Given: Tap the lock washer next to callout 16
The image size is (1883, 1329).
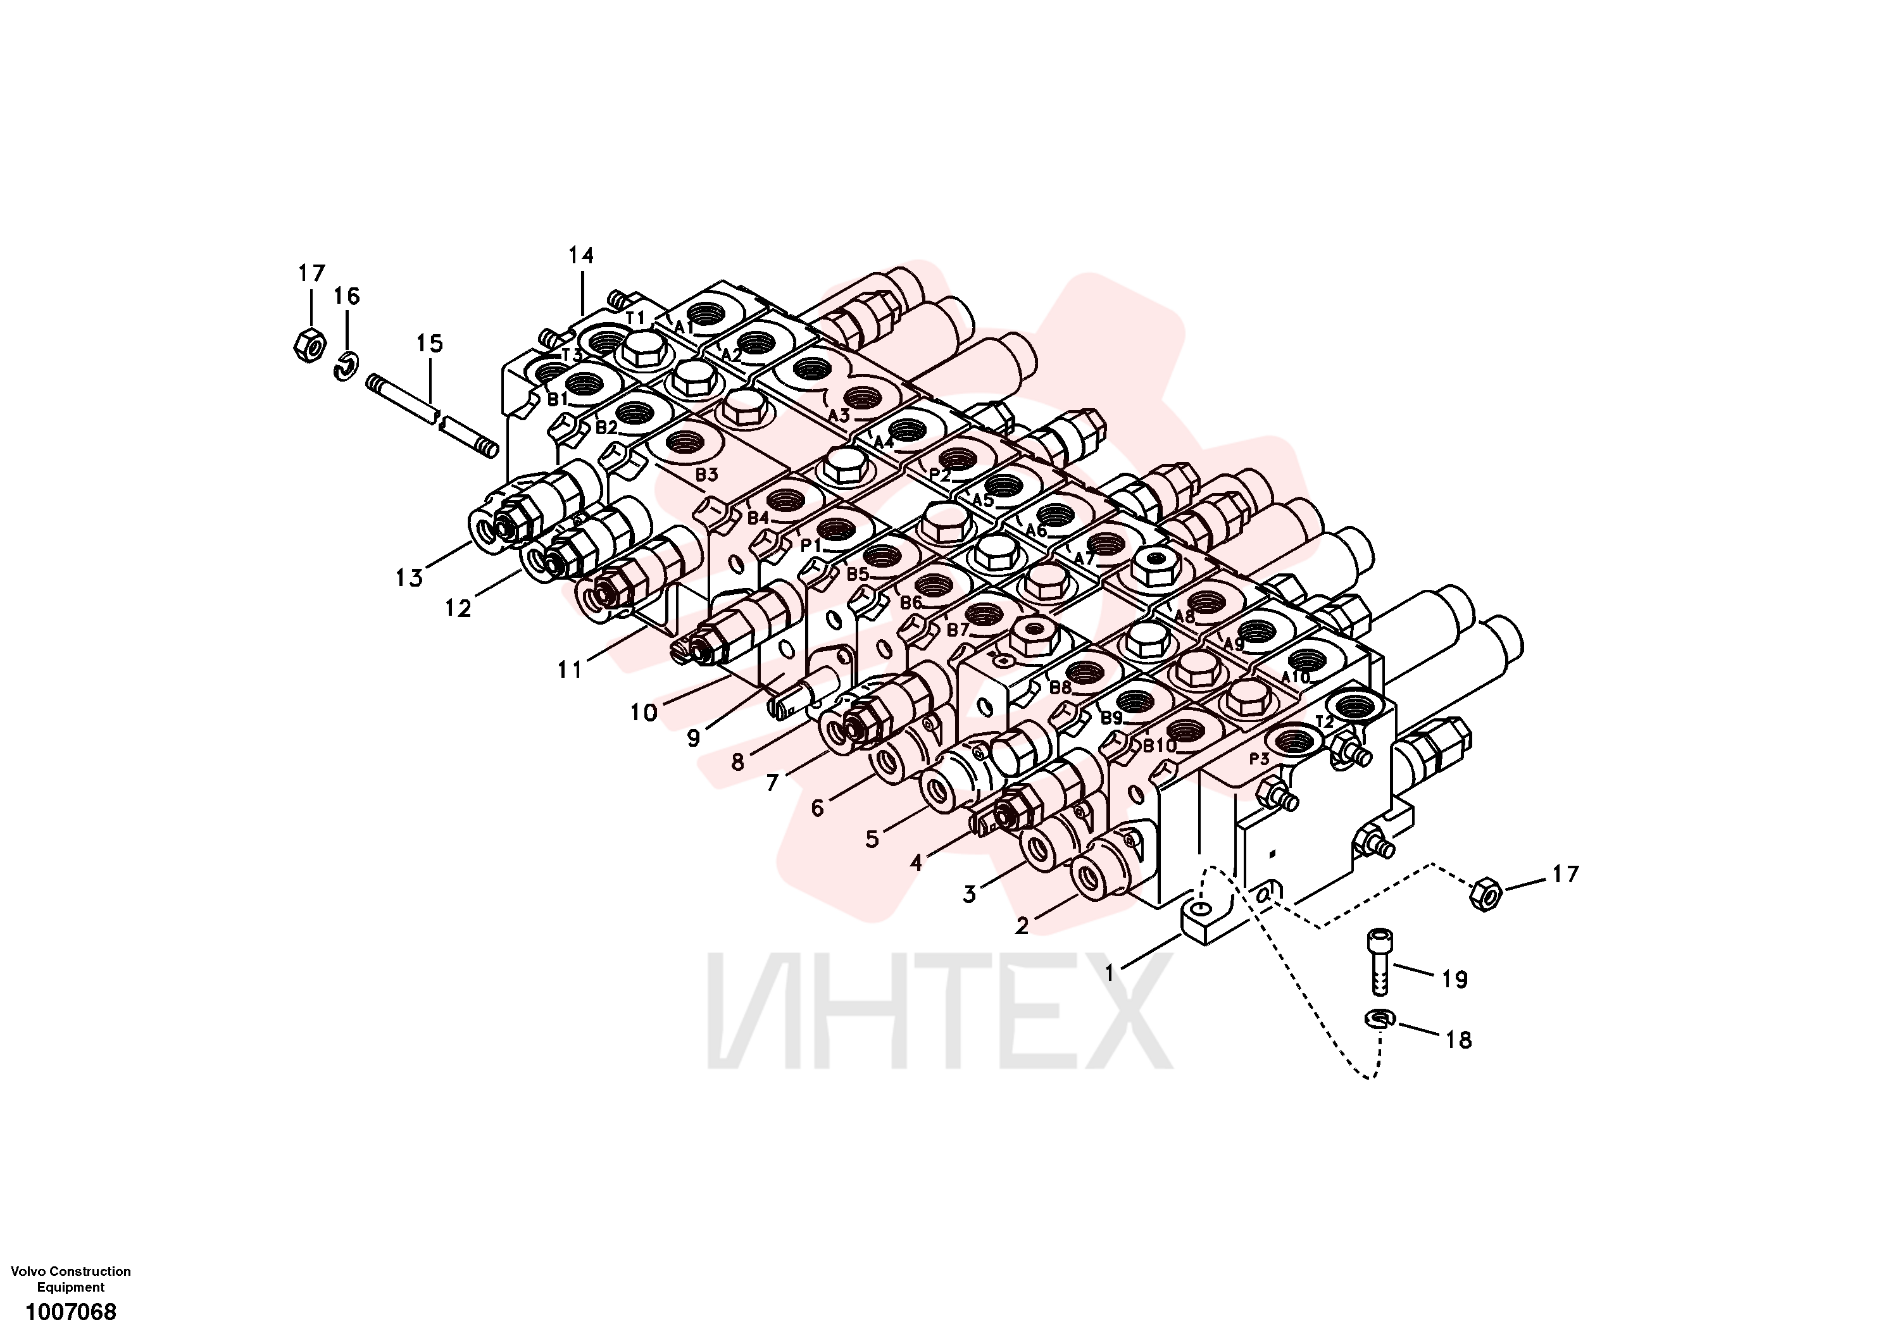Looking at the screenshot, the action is [346, 366].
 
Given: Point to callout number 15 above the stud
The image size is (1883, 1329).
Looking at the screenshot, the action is [429, 344].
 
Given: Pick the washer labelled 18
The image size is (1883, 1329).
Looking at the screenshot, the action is [1380, 1019].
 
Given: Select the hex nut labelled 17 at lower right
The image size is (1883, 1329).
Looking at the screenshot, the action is [1486, 894].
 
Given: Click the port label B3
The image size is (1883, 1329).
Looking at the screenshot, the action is [706, 474].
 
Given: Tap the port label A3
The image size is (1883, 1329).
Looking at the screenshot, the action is [838, 415].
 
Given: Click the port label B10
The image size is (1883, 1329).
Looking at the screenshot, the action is [1160, 746].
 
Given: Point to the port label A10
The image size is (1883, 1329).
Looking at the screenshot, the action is [1296, 677].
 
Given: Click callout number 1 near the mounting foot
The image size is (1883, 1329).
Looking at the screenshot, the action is [1110, 973].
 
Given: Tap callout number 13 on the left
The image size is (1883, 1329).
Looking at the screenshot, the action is [408, 578].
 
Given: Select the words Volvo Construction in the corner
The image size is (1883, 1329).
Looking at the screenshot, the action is [70, 1271].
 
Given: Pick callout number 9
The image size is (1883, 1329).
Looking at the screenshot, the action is [694, 738].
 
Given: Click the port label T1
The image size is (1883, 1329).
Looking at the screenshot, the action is [635, 316].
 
